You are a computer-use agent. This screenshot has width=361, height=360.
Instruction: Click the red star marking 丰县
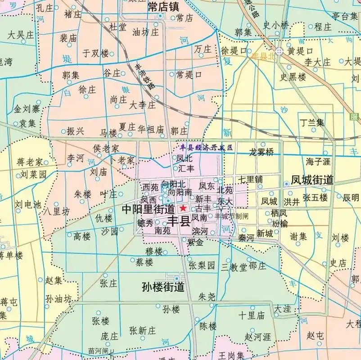pos(183,208)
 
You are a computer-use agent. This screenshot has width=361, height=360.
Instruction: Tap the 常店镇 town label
pos(163,7)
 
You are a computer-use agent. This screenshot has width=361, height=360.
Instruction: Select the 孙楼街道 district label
pos(163,287)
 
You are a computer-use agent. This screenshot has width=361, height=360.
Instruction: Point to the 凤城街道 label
pos(312,180)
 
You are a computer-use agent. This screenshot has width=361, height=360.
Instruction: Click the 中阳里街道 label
pos(148,209)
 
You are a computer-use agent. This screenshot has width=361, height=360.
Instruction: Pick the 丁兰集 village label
pos(312,122)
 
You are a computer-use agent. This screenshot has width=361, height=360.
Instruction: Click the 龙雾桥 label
pos(261,152)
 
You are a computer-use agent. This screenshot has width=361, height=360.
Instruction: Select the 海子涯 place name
pos(318,161)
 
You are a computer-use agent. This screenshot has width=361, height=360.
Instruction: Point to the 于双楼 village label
pos(95,53)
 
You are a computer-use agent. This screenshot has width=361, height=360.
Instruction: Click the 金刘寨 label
pos(27,108)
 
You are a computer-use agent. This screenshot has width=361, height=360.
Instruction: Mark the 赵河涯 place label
pos(257,337)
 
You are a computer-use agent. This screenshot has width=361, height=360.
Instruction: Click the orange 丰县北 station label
pos(262,56)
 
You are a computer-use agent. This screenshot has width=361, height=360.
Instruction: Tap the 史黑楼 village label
pos(293,77)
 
